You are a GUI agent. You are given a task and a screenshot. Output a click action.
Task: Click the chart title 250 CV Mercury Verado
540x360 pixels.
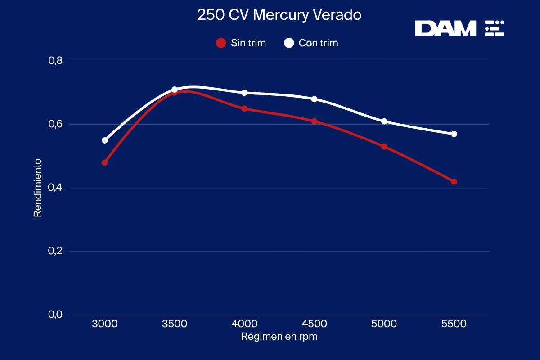click(x=279, y=15)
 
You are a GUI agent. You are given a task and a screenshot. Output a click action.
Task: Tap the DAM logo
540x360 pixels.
click(x=459, y=28)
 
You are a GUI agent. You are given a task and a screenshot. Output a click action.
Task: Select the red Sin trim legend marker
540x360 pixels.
click(x=221, y=43)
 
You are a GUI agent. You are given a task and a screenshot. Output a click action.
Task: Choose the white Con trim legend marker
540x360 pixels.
click(x=289, y=43)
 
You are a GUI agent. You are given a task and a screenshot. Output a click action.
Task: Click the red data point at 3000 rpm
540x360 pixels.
click(x=105, y=162)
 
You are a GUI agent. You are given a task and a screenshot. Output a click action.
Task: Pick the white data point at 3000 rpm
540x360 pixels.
click(x=105, y=140)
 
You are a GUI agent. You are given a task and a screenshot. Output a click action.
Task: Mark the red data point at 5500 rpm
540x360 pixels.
click(x=454, y=182)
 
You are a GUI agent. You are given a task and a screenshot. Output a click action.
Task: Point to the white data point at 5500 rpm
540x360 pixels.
click(x=454, y=134)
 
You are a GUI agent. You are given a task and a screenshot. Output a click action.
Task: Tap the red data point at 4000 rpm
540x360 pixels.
click(x=244, y=108)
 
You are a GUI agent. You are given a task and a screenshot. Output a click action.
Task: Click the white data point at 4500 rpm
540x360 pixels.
click(x=315, y=99)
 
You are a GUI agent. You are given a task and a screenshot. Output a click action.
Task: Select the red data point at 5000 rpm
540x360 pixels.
click(x=384, y=147)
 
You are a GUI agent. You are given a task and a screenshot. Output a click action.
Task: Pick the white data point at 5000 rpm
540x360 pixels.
click(x=384, y=121)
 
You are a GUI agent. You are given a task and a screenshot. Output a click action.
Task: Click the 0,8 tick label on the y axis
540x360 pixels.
click(x=55, y=61)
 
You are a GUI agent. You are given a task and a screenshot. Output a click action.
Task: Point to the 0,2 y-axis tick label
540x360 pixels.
click(x=55, y=251)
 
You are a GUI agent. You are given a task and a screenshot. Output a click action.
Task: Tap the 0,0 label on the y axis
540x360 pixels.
click(x=55, y=315)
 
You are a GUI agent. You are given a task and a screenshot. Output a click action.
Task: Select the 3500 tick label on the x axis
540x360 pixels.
click(x=175, y=324)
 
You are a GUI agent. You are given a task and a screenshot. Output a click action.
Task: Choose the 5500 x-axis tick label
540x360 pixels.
click(x=454, y=324)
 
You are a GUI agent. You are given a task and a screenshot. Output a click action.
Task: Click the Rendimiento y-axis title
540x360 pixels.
click(x=38, y=188)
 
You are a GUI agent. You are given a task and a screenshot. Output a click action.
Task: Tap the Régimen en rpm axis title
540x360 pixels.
click(x=279, y=337)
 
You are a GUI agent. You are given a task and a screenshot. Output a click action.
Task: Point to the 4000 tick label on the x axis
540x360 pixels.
click(x=244, y=324)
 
